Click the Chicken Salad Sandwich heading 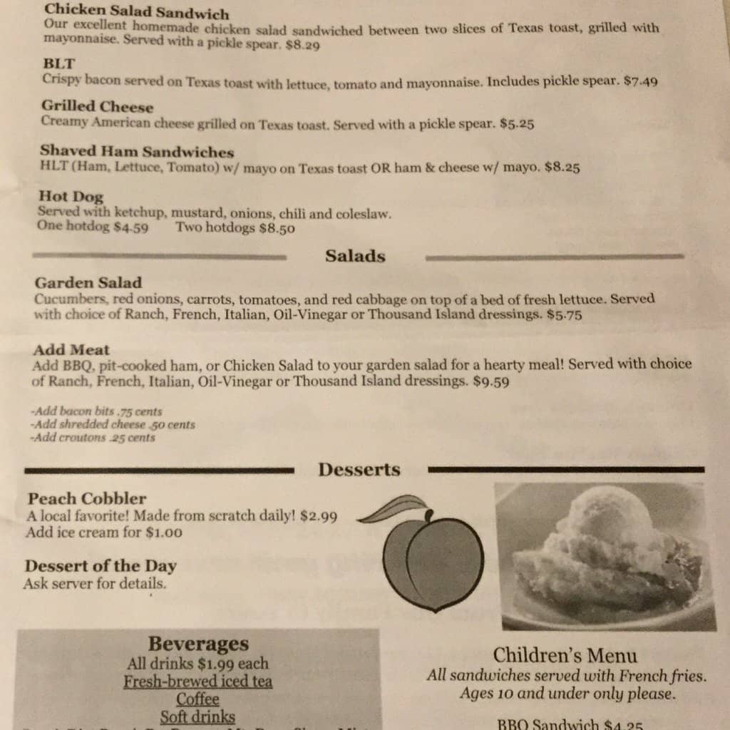click(135, 13)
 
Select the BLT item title click(58, 63)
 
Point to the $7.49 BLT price click(640, 81)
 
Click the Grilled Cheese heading click(97, 107)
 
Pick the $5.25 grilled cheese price click(517, 124)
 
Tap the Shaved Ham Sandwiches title click(137, 152)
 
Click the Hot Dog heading click(71, 196)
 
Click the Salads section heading click(355, 256)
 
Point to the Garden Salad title click(88, 282)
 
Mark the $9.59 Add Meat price click(491, 382)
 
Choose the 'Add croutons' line click(93, 438)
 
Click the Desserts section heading click(359, 470)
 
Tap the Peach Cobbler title click(87, 498)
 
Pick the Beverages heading click(199, 644)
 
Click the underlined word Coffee click(197, 699)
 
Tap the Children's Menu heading click(565, 655)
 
